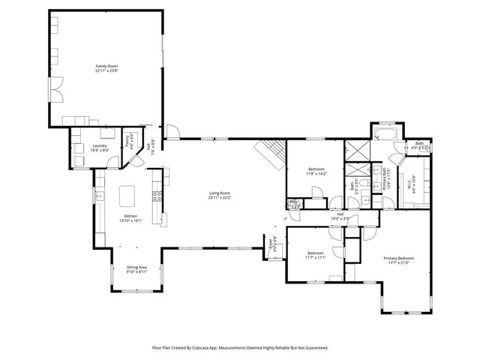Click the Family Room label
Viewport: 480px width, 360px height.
coord(107,66)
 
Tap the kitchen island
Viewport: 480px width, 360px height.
coord(128,196)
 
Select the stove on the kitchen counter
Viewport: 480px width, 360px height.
coord(157,197)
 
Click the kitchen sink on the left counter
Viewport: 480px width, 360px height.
coord(98,196)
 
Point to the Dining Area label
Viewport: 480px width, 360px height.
coord(136,267)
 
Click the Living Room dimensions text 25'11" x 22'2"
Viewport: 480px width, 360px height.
coord(219,198)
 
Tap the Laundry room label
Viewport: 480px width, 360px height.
coord(99,145)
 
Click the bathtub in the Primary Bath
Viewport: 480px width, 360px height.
coord(386,135)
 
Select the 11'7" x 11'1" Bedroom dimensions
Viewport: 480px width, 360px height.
coord(315,257)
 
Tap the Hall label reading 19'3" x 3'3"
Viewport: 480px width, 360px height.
coord(340,218)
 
